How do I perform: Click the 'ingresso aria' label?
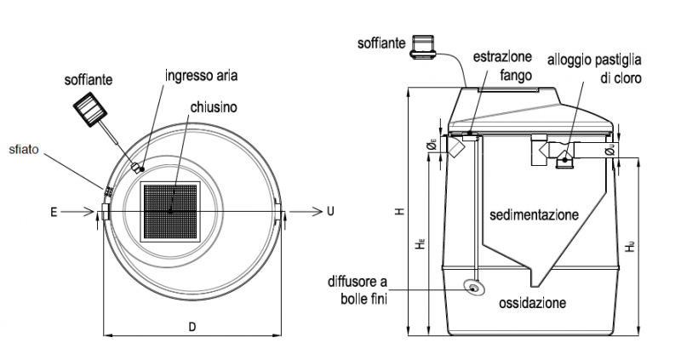[202, 76]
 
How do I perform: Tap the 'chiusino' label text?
[215, 107]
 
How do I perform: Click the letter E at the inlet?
[54, 210]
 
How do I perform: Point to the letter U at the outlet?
[330, 210]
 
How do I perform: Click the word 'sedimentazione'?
[534, 214]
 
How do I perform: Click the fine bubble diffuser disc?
[474, 289]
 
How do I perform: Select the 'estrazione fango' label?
[505, 66]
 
